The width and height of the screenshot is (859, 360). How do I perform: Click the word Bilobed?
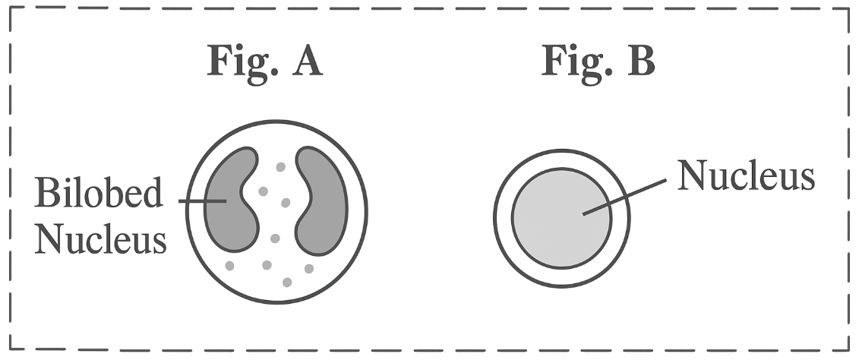(x=99, y=192)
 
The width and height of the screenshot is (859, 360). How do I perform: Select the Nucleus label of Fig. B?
(x=746, y=175)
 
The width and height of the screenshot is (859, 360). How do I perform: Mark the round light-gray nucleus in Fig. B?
(x=561, y=217)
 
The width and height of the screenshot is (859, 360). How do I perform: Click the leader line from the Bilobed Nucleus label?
(x=202, y=201)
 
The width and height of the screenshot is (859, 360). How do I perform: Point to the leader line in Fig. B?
(x=624, y=197)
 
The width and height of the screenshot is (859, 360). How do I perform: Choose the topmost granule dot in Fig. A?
(x=280, y=167)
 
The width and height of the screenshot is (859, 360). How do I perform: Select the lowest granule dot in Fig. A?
(x=287, y=283)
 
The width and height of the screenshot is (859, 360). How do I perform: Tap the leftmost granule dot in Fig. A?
(x=229, y=266)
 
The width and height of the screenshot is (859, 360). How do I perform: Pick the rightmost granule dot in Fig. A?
(x=309, y=269)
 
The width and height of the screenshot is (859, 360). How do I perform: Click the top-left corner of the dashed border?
(x=10, y=8)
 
